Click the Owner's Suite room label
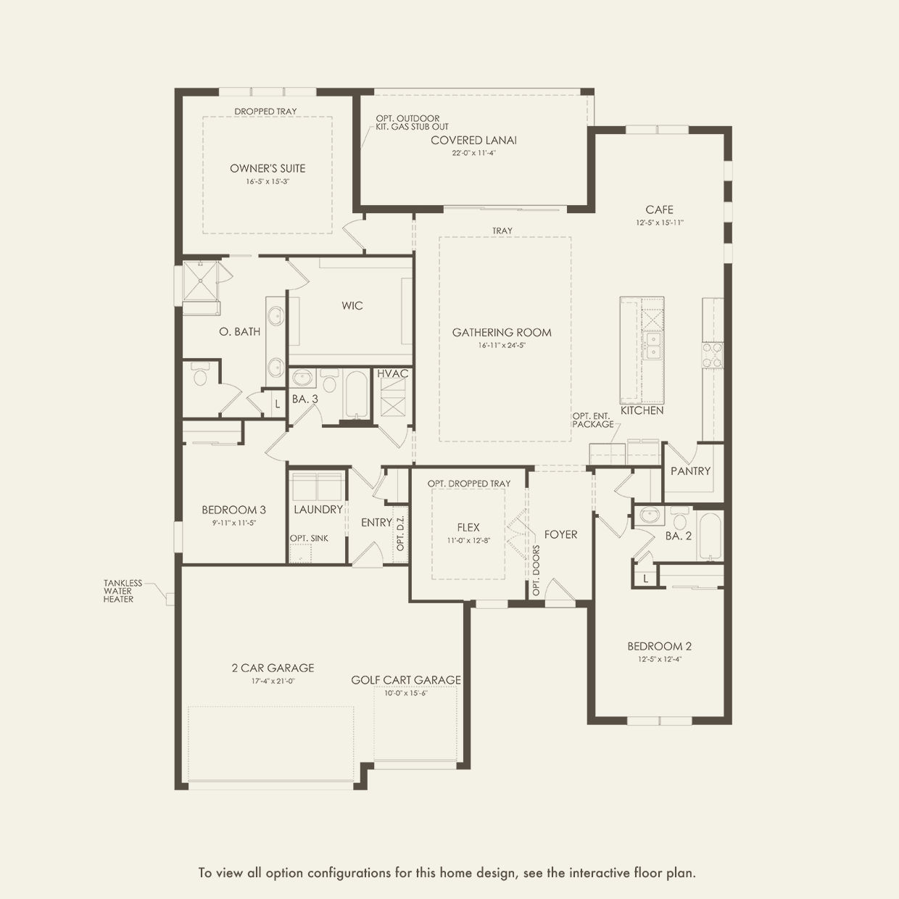point(268,168)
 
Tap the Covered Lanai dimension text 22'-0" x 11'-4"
point(473,152)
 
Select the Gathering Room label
point(502,333)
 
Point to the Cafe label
point(659,210)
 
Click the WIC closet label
point(352,305)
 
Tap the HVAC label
point(392,373)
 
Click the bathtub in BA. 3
point(357,395)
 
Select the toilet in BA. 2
point(679,518)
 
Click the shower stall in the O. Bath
point(200,281)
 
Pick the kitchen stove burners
point(713,355)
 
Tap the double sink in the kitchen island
point(653,346)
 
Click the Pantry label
point(690,471)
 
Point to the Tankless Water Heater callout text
point(123,591)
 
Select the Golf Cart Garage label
point(406,680)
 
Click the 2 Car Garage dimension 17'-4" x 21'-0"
point(273,681)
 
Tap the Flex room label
point(468,528)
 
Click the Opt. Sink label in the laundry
point(309,539)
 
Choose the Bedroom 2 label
point(659,647)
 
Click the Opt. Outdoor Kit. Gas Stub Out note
point(413,123)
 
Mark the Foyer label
point(560,534)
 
